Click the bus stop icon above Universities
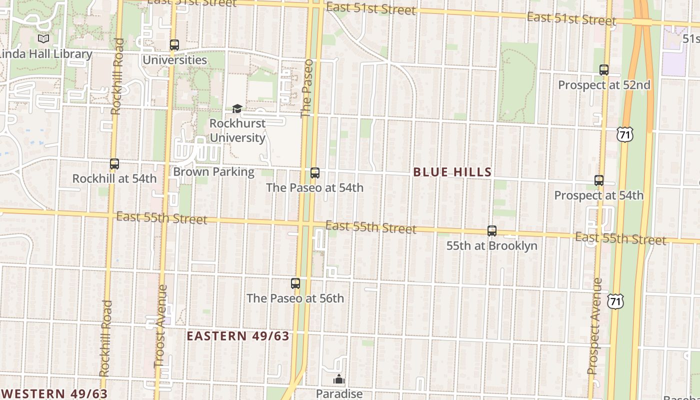pyautogui.click(x=174, y=45)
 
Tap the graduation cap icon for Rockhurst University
pyautogui.click(x=237, y=108)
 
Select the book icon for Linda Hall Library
pyautogui.click(x=43, y=38)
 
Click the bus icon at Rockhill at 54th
pyautogui.click(x=114, y=163)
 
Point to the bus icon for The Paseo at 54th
pyautogui.click(x=314, y=173)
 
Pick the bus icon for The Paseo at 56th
pyautogui.click(x=295, y=283)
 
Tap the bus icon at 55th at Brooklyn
pyautogui.click(x=492, y=231)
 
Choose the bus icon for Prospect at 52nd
pyautogui.click(x=604, y=70)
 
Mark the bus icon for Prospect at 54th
pyautogui.click(x=599, y=180)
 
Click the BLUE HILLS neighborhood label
pyautogui.click(x=452, y=172)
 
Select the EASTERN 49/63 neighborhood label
pyautogui.click(x=238, y=336)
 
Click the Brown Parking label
pyautogui.click(x=213, y=172)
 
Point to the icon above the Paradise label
pyautogui.click(x=339, y=380)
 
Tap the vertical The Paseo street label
pyautogui.click(x=306, y=88)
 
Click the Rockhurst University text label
pyautogui.click(x=237, y=130)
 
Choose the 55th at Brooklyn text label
pyautogui.click(x=492, y=245)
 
